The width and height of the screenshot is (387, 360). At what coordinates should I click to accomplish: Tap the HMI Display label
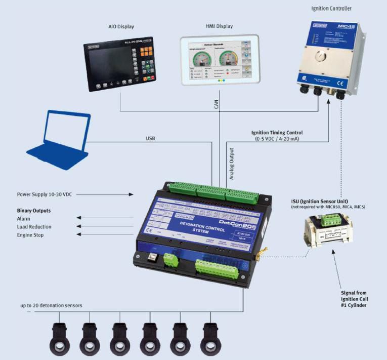coord(205,27)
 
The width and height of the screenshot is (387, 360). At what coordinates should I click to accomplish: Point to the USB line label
coord(150,138)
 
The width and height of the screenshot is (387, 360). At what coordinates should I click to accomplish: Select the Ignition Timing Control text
coord(277,133)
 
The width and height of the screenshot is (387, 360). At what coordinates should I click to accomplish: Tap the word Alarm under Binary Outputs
coord(24,218)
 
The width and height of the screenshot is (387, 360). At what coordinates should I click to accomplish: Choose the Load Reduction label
coord(34,227)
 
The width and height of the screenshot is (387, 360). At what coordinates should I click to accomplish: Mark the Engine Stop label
coord(30,235)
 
